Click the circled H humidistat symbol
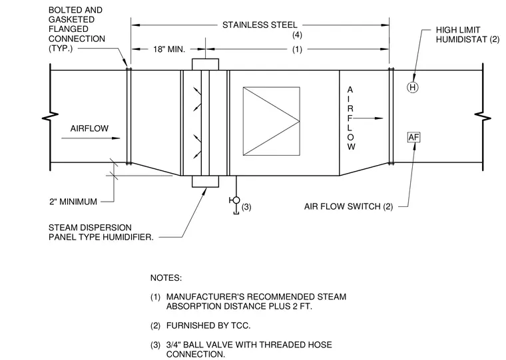coord(412,87)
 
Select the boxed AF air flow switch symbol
coord(413,138)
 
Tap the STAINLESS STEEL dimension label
coord(260,25)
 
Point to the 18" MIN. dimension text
coord(169,49)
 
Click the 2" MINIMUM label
coord(73,202)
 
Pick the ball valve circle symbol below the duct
coord(236,200)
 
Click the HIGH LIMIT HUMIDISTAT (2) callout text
coord(467,35)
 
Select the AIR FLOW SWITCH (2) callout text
coord(348,206)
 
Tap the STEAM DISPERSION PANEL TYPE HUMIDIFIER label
coord(101,232)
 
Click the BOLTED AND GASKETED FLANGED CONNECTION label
coord(77,29)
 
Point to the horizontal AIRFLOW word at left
coord(89,128)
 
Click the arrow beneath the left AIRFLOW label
coord(91,138)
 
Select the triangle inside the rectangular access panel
coord(271,121)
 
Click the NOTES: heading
coord(166,277)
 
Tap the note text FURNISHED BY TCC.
coord(208,325)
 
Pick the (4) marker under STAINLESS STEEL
coord(297,35)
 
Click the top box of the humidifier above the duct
coord(205,64)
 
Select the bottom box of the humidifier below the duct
coord(205,182)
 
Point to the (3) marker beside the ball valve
coord(246,207)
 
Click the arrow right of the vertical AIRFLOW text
coord(368,118)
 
